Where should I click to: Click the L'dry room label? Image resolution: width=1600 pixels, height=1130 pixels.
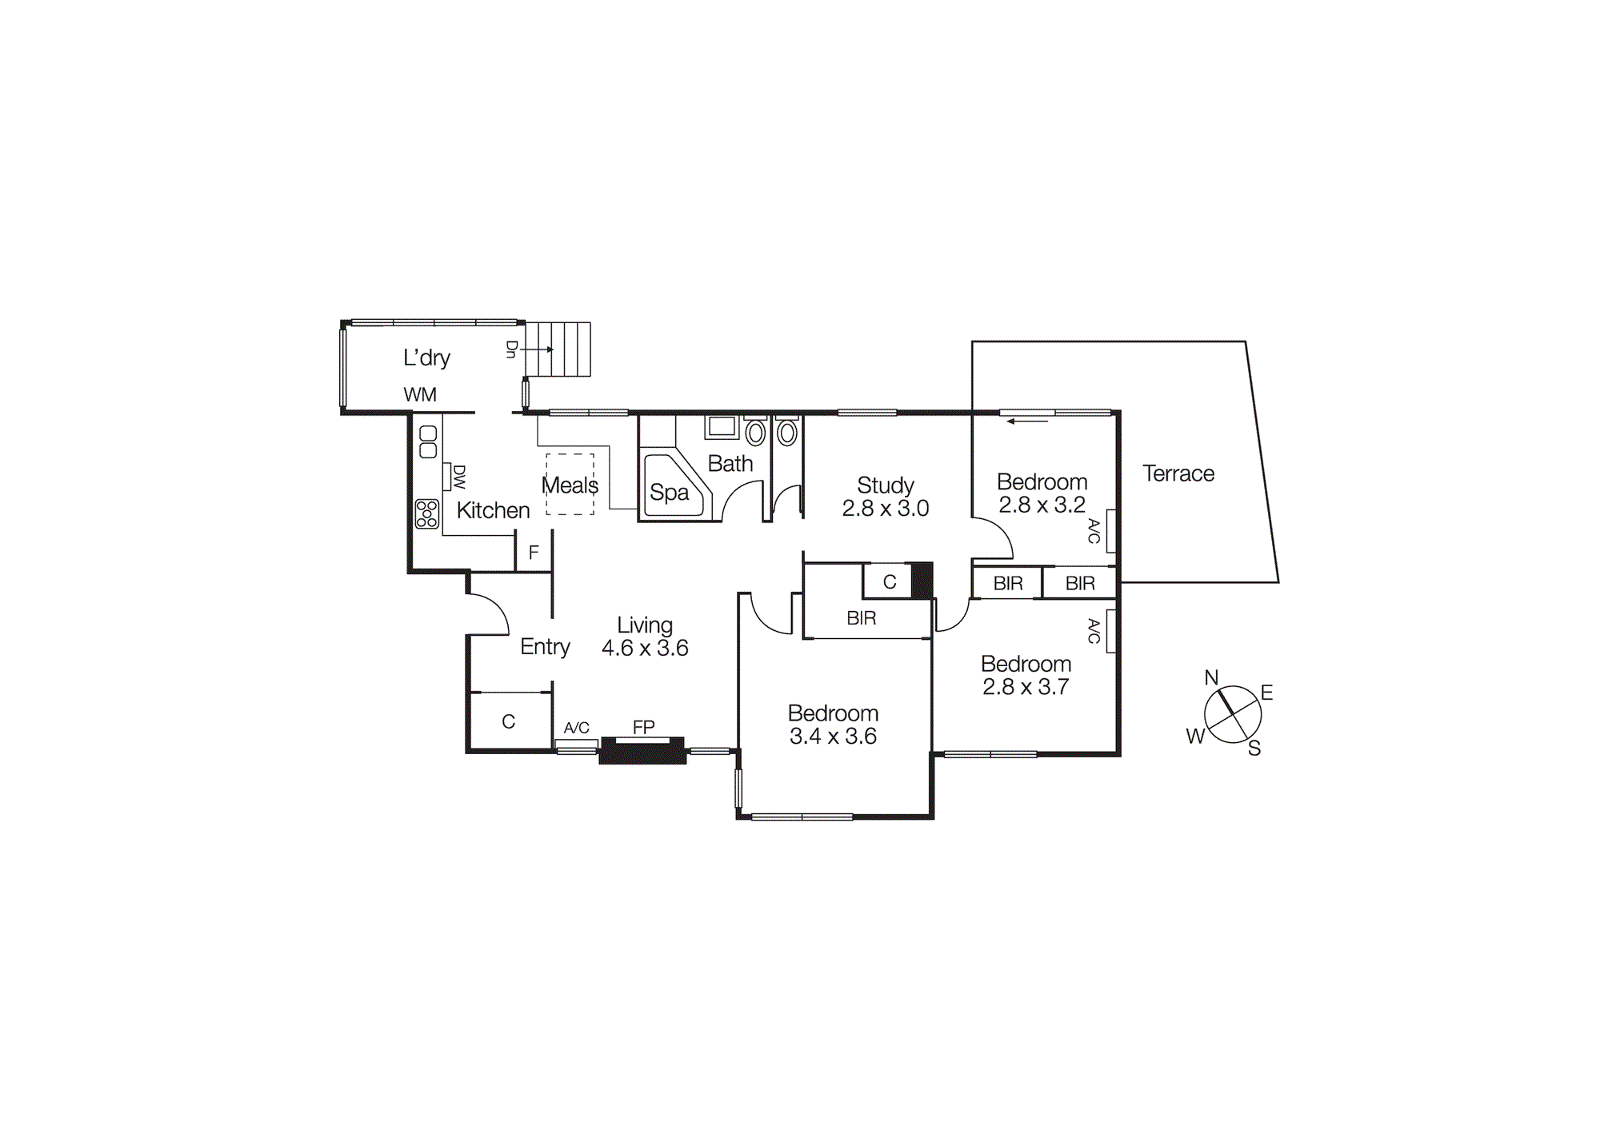pyautogui.click(x=426, y=357)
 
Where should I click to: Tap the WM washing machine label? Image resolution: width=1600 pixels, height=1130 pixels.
pyautogui.click(x=420, y=394)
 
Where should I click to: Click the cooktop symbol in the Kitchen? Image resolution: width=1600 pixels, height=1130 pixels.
pyautogui.click(x=427, y=513)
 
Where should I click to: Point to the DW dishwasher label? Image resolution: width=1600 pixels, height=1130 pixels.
pyautogui.click(x=459, y=477)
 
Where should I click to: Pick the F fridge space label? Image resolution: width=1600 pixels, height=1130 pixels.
pyautogui.click(x=534, y=553)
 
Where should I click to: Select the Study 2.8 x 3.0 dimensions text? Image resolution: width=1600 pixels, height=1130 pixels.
pyautogui.click(x=885, y=509)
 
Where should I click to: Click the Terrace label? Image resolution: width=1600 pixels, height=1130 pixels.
pyautogui.click(x=1178, y=473)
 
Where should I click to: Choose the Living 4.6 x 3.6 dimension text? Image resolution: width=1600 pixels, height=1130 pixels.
pyautogui.click(x=645, y=648)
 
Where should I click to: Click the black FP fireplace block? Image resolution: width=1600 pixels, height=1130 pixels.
pyautogui.click(x=642, y=752)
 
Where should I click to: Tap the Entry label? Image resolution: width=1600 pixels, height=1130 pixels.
pyautogui.click(x=545, y=646)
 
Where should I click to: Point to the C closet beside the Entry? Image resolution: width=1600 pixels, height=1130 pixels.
pyautogui.click(x=509, y=721)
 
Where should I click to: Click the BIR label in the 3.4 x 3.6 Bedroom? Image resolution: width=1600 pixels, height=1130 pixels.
pyautogui.click(x=862, y=618)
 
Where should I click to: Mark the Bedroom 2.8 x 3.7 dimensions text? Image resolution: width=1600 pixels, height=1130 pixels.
pyautogui.click(x=1026, y=687)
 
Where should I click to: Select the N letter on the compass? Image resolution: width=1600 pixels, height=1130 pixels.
pyautogui.click(x=1211, y=677)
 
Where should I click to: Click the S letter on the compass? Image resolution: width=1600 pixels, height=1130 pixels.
pyautogui.click(x=1254, y=748)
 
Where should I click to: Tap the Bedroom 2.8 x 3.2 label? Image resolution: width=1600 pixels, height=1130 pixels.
pyautogui.click(x=1042, y=482)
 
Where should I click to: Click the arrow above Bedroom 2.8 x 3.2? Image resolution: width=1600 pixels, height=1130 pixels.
pyautogui.click(x=1027, y=421)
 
